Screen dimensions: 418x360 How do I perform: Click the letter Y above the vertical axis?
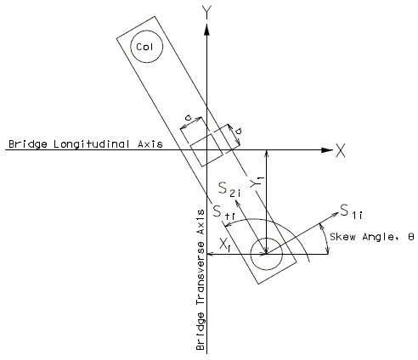tap(207, 12)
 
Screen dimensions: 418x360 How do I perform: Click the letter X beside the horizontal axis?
tap(341, 150)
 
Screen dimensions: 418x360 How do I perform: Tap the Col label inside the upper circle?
tap(144, 47)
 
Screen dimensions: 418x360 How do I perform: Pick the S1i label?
tap(351, 211)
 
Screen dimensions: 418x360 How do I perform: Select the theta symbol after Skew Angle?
tap(411, 237)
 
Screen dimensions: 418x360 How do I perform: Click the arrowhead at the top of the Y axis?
tap(207, 30)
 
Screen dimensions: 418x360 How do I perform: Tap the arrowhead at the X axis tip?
tap(327, 150)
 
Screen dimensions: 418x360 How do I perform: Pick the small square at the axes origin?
tap(206, 150)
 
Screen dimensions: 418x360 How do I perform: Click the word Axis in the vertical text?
tap(201, 222)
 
